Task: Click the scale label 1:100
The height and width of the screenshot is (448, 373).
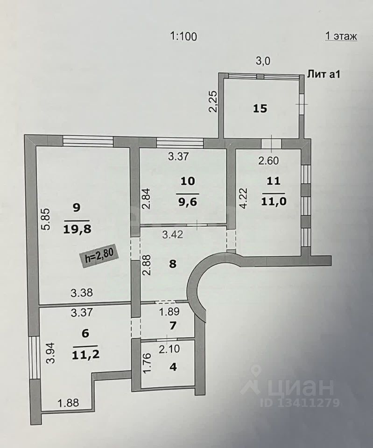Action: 183,36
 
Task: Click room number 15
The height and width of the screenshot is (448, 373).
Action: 260,109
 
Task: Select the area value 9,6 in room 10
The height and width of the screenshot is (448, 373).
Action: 188,203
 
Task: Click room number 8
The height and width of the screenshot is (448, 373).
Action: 172,264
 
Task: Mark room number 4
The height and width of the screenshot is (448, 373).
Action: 173,367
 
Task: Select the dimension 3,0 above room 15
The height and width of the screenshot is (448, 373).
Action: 264,60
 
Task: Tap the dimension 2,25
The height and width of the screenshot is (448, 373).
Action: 213,101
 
